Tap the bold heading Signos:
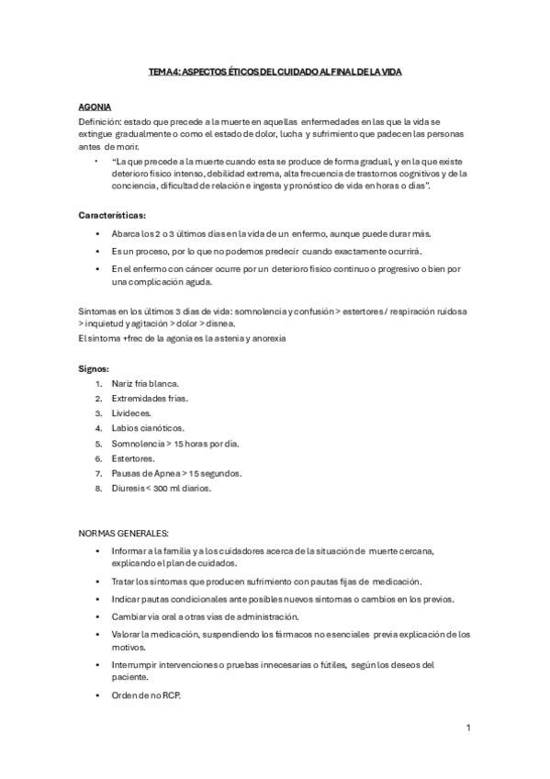pyautogui.click(x=94, y=368)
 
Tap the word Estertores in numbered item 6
pyautogui.click(x=132, y=457)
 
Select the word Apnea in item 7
pyautogui.click(x=164, y=473)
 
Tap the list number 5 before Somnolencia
pyautogui.click(x=98, y=443)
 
